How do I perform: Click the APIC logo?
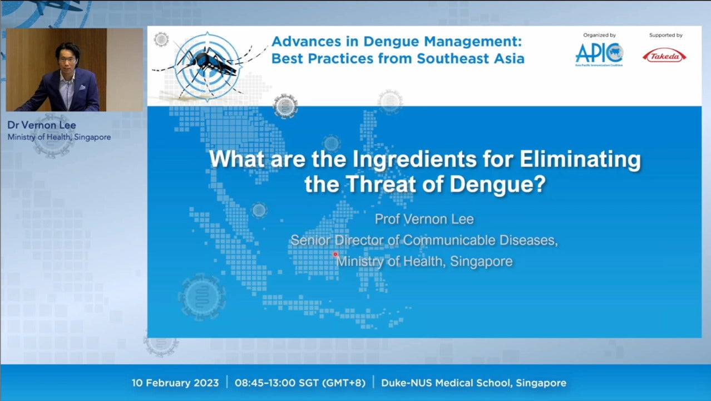(599, 55)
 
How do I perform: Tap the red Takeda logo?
(664, 56)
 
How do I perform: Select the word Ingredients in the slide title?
(414, 159)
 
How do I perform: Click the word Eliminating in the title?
(580, 159)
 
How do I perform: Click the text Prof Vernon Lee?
(424, 219)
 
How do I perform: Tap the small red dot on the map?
(335, 254)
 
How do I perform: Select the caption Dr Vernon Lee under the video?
(42, 125)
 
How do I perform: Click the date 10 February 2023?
(175, 383)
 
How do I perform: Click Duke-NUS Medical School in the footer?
(446, 383)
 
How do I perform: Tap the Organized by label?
(599, 35)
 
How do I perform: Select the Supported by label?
(665, 35)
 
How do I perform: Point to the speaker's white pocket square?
(82, 87)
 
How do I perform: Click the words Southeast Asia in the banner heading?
(471, 58)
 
